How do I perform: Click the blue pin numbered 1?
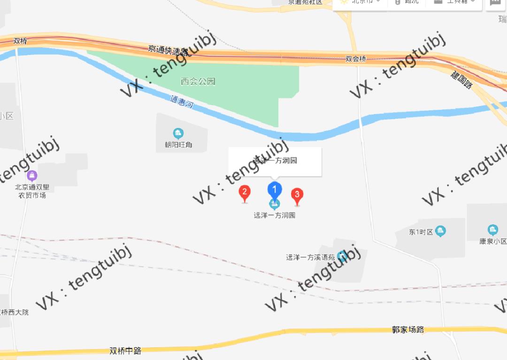click(275, 190)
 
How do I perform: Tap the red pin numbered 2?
click(244, 192)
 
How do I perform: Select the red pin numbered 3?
click(297, 195)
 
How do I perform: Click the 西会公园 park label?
click(198, 82)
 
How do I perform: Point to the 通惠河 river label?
click(182, 102)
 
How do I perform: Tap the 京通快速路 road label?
click(168, 49)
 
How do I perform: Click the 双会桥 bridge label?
click(355, 59)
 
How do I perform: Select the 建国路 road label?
click(461, 81)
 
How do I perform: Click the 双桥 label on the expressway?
click(21, 41)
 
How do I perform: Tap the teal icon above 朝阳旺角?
click(178, 133)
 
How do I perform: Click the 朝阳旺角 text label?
click(175, 145)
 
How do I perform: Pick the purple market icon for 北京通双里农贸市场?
click(32, 176)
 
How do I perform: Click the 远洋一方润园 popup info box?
click(275, 161)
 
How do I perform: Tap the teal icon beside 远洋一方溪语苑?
click(342, 256)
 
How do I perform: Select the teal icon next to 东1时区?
click(440, 230)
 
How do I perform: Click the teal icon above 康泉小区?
click(492, 230)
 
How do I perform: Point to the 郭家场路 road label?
click(408, 329)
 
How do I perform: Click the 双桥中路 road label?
click(125, 351)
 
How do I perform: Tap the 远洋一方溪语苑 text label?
click(310, 257)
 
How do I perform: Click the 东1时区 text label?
click(421, 232)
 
